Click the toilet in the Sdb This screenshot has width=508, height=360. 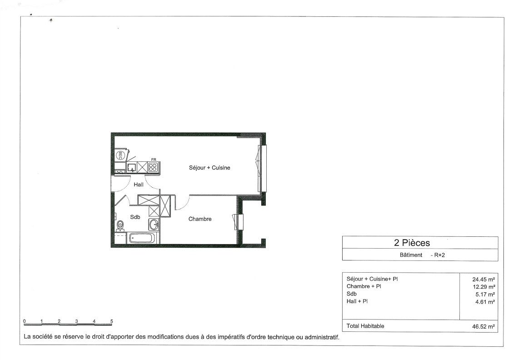tap(120, 225)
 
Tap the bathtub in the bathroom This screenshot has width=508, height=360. tap(142, 239)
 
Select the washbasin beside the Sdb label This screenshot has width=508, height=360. tap(154, 224)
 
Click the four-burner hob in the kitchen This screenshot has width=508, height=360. tap(153, 167)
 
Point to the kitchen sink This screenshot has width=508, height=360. tap(131, 167)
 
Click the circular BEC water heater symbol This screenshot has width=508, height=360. tap(120, 155)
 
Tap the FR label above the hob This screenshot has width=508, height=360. tap(154, 160)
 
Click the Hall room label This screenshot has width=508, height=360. tap(139, 185)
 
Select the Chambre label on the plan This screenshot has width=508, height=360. tap(200, 219)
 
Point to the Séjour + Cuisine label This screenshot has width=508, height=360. tap(209, 168)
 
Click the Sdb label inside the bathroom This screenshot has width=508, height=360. tap(135, 217)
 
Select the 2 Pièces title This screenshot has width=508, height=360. tap(412, 243)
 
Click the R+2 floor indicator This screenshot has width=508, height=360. tap(440, 255)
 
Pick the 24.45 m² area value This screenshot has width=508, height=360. tap(483, 279)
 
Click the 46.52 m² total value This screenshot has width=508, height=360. tap(483, 327)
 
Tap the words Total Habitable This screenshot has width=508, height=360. tap(365, 326)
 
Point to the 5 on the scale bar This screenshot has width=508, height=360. tap(111, 321)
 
